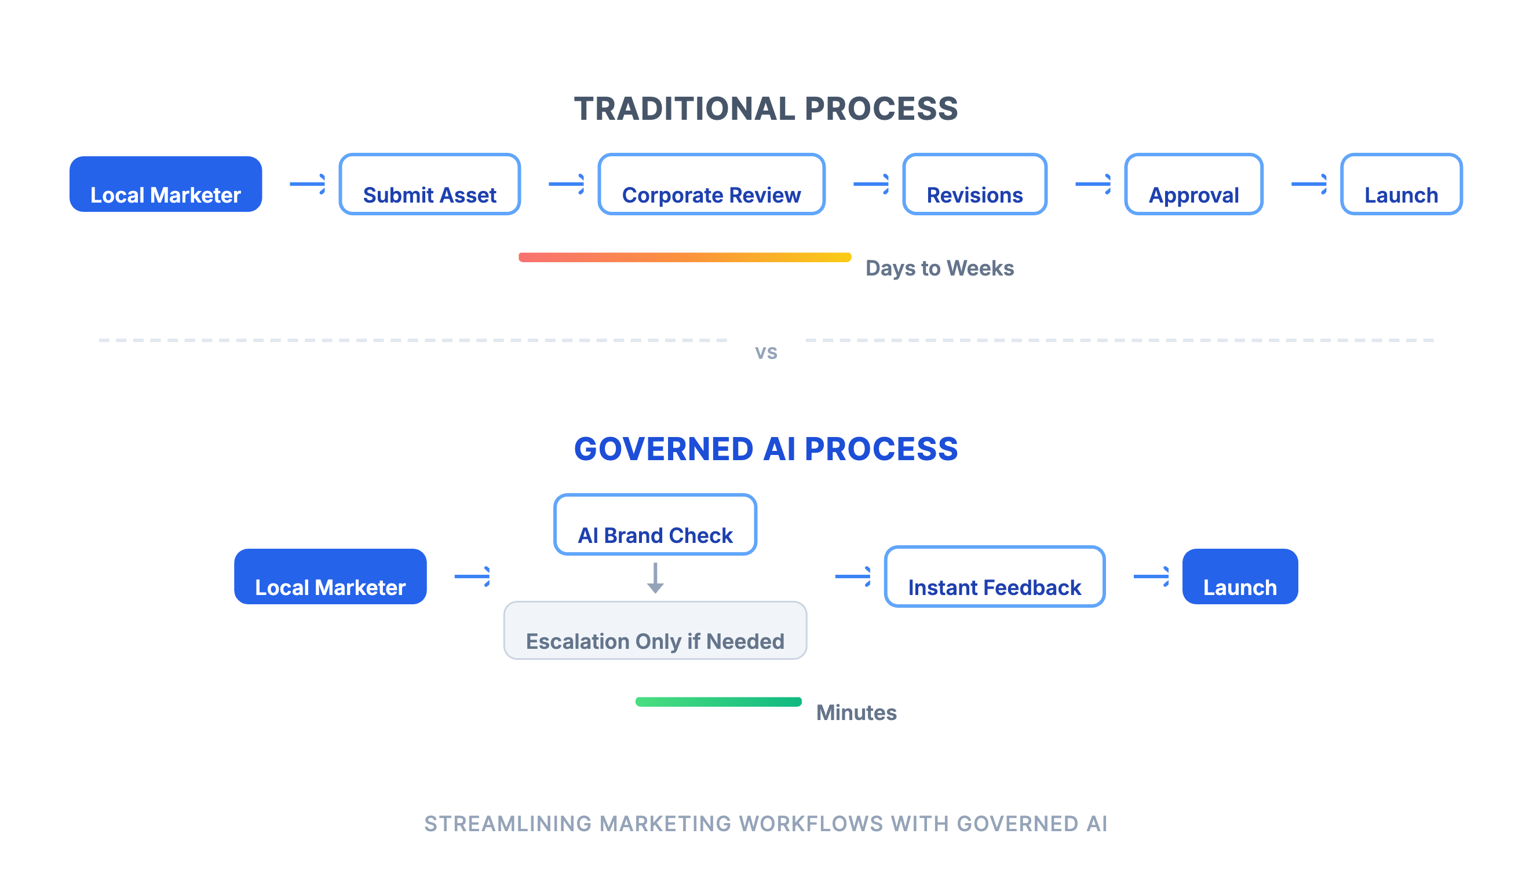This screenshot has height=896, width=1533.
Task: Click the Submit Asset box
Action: click(x=429, y=184)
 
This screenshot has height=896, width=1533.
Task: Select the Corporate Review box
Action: click(x=711, y=184)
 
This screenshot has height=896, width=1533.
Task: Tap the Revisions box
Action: click(x=974, y=184)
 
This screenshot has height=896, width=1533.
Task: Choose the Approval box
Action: click(x=1193, y=184)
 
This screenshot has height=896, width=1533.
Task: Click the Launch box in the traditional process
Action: click(x=1401, y=184)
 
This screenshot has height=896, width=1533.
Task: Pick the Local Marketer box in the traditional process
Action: click(x=166, y=184)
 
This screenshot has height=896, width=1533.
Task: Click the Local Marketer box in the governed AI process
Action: click(x=330, y=576)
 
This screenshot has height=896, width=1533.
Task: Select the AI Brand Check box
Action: click(x=655, y=524)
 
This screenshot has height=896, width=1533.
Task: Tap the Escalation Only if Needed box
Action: click(x=655, y=630)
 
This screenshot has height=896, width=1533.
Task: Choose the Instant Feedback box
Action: click(x=994, y=576)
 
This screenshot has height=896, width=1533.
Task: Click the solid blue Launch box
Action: click(x=1240, y=576)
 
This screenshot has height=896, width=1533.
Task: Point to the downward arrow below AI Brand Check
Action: click(x=655, y=578)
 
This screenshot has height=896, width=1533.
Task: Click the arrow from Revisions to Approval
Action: click(x=1093, y=183)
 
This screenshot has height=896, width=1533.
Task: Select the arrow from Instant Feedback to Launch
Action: click(x=1151, y=576)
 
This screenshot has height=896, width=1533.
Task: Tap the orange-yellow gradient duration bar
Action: click(x=684, y=257)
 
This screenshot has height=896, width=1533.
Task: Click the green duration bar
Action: click(x=718, y=702)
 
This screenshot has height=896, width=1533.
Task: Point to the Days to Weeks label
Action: click(x=939, y=268)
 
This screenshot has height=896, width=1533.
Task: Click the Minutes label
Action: click(x=856, y=713)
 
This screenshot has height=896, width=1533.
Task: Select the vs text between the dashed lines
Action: click(x=766, y=352)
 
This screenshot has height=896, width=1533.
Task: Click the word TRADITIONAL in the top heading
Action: click(x=684, y=109)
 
